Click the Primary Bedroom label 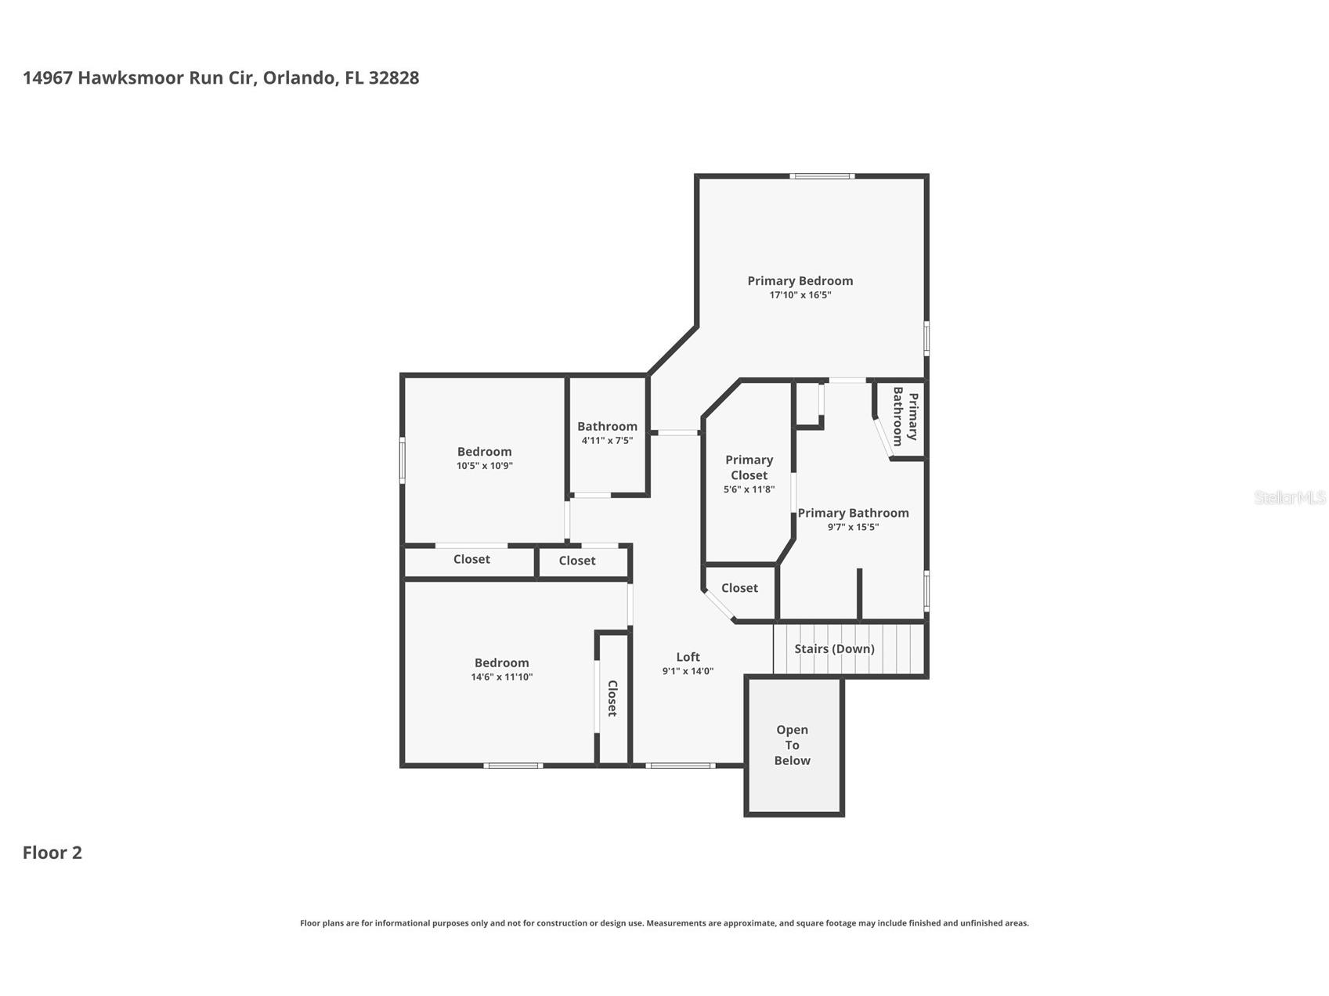pos(800,281)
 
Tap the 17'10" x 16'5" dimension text pos(800,295)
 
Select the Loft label pos(688,657)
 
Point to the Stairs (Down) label pos(834,648)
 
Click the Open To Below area pos(793,746)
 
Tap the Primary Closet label pos(749,467)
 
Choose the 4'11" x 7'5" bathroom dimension pos(607,441)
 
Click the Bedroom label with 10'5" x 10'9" pos(485,452)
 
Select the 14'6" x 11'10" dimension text pos(502,677)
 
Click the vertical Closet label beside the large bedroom pos(612,698)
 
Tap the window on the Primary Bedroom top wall pos(822,176)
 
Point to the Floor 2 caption pos(52,853)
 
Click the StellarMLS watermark pos(1290,497)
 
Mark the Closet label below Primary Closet pos(739,588)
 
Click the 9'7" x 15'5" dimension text pos(853,527)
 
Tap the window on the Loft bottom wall pos(681,765)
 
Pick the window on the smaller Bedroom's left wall pos(403,460)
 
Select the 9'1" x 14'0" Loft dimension pos(688,671)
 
